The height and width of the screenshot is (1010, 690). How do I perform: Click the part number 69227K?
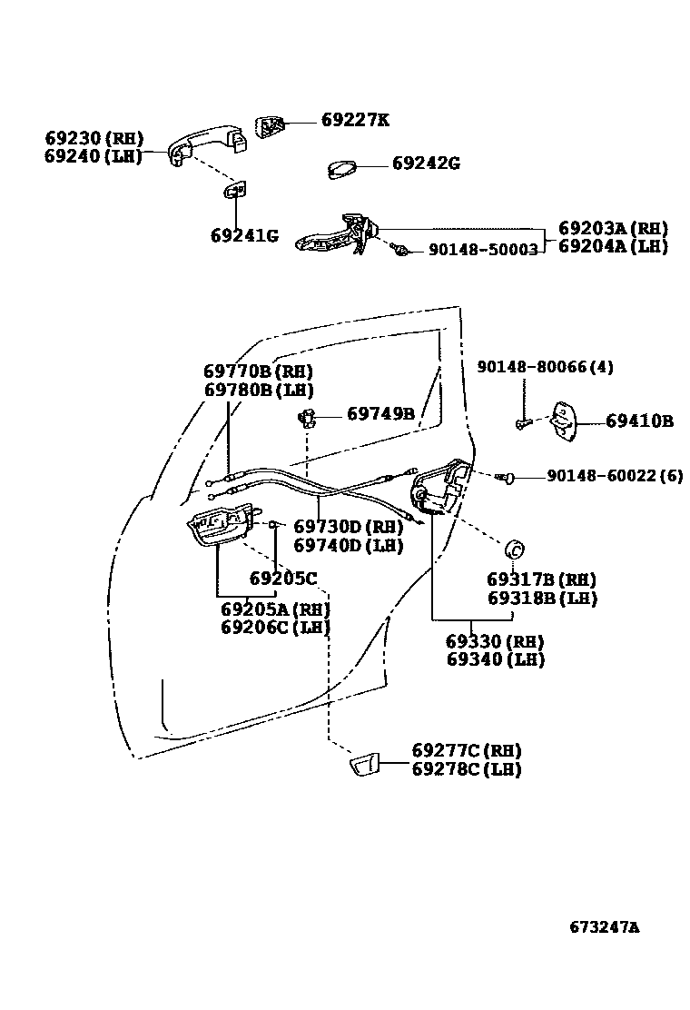point(355,120)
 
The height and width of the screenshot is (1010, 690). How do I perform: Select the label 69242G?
point(426,163)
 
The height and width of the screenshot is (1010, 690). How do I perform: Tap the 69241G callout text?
point(244,236)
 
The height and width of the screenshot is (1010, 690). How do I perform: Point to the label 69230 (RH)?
point(94,138)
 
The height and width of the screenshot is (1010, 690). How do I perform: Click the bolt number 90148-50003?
point(483,248)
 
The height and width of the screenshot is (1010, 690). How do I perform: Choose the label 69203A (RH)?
point(613,229)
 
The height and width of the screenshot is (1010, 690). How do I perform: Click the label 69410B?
point(639,421)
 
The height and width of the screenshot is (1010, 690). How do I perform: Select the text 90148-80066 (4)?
point(546,367)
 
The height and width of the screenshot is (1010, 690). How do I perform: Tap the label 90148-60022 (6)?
point(614,476)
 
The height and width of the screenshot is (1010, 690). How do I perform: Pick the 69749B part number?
point(380,414)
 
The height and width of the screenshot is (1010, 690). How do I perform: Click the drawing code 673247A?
point(605,927)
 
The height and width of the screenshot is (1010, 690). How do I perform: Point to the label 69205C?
point(283,579)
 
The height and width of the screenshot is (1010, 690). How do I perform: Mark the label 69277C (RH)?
point(467,751)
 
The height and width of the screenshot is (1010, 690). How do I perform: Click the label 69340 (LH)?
point(496,659)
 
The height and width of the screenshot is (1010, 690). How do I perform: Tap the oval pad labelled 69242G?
point(342,171)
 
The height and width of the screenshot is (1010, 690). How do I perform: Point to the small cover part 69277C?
point(364,765)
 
